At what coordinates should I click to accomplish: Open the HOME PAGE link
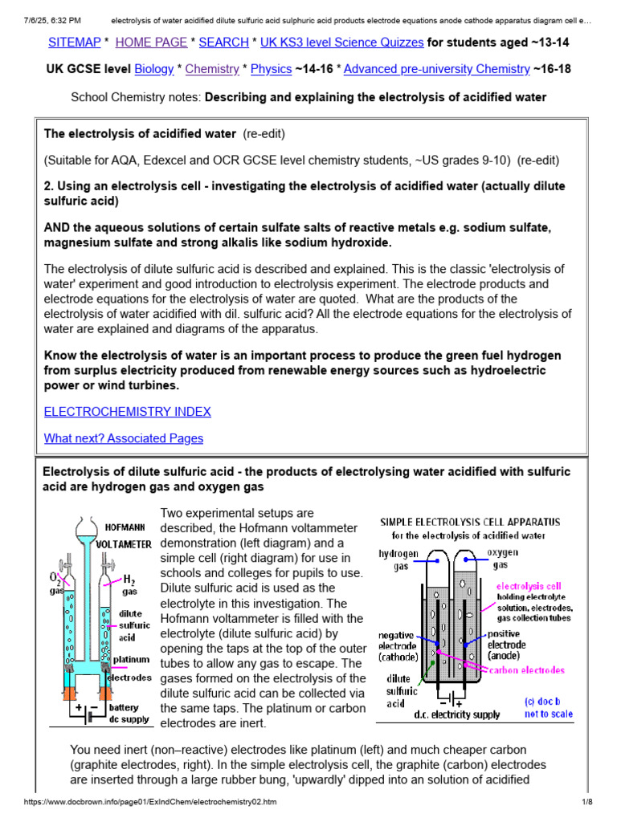click(x=152, y=41)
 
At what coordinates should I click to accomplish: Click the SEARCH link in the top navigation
click(x=223, y=41)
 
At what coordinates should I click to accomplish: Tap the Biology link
click(x=154, y=69)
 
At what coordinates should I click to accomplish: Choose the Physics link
click(x=271, y=69)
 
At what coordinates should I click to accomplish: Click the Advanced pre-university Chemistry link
click(x=436, y=69)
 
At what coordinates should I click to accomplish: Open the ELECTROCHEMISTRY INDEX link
click(x=127, y=412)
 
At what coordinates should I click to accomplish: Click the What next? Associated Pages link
click(x=123, y=438)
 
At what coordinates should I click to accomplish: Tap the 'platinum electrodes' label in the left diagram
click(x=132, y=668)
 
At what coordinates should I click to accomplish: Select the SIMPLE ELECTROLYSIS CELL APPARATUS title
click(x=470, y=522)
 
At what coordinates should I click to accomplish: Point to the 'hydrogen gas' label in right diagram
click(x=396, y=560)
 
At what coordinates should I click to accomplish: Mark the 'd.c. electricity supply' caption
click(x=457, y=714)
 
